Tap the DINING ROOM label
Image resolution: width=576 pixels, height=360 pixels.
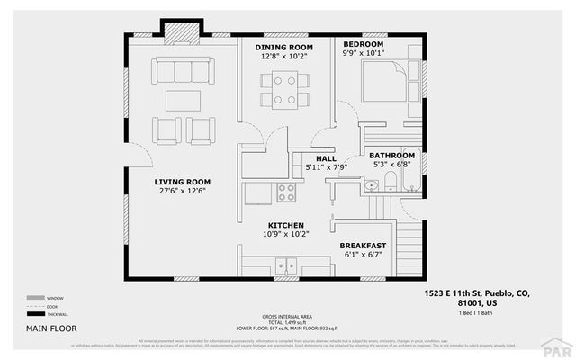[x=283, y=47]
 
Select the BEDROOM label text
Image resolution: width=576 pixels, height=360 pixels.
[x=364, y=44]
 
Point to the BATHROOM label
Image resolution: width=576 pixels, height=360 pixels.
[x=391, y=155]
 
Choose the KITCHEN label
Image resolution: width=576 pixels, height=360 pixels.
[x=285, y=225]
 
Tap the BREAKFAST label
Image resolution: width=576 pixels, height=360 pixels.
[x=363, y=246]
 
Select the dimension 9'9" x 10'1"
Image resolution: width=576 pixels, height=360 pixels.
[x=364, y=53]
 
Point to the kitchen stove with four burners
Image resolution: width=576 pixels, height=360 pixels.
[x=286, y=192]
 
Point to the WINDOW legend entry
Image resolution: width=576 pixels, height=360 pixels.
[x=49, y=298]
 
